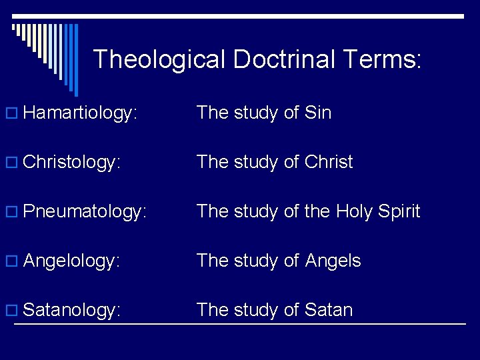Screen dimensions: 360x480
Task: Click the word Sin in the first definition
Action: point(317,113)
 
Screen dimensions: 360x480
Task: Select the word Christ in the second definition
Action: point(328,162)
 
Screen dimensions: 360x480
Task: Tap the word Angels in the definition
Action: point(333,261)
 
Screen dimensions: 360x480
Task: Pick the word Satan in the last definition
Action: point(328,310)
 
